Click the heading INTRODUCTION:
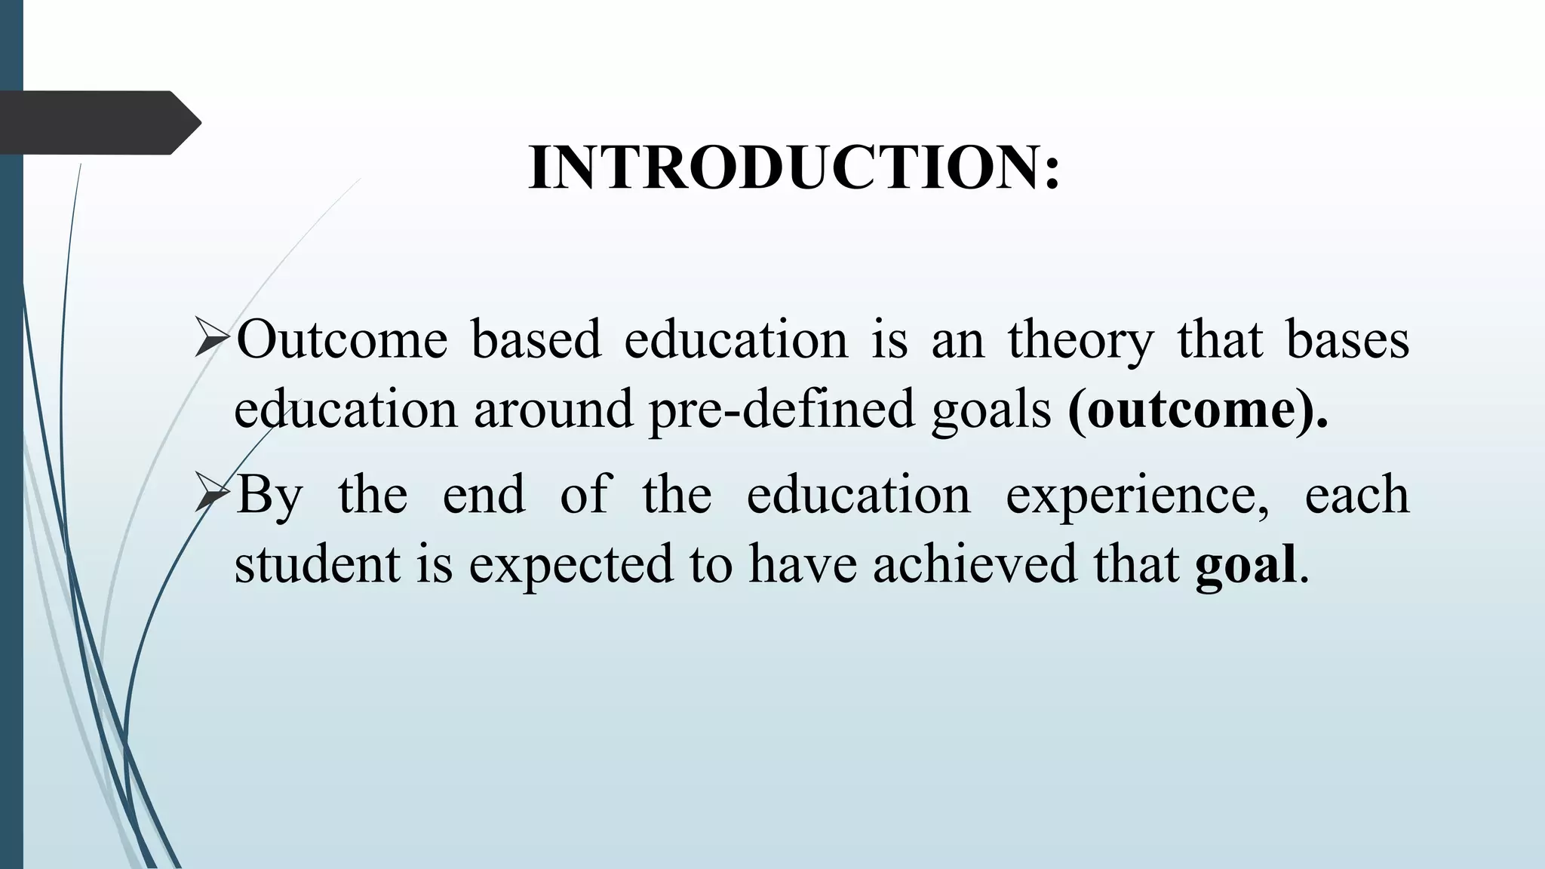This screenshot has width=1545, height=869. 794,167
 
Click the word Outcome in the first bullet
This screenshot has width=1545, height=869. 342,339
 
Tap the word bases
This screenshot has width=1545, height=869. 1347,339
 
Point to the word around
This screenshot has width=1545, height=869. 553,410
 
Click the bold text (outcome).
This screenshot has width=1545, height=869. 1197,410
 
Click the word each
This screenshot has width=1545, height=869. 1356,495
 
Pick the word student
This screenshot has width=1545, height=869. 317,564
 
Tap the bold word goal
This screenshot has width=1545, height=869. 1246,564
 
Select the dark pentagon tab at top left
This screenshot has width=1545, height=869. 98,122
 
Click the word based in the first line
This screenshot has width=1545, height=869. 536,339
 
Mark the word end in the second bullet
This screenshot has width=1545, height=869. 484,495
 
